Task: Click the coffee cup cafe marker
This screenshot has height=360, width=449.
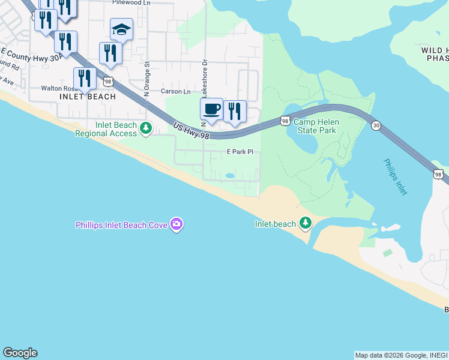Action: (x=211, y=110)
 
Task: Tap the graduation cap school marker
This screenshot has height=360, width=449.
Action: (x=121, y=30)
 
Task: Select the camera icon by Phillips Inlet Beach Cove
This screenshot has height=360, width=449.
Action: (x=176, y=224)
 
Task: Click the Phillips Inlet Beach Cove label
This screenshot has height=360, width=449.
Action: (x=122, y=225)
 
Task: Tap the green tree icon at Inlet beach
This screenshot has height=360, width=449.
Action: (x=306, y=224)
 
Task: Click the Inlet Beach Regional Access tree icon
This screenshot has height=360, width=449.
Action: (x=145, y=128)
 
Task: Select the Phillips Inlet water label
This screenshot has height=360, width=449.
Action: (x=396, y=176)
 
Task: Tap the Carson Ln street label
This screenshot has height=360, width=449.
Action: (x=175, y=92)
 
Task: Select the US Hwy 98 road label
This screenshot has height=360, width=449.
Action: (x=191, y=132)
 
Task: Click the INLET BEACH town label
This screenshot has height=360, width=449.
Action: (x=83, y=96)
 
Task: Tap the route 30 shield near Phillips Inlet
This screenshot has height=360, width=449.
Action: (x=376, y=125)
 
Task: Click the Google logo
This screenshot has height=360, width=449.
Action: (x=20, y=353)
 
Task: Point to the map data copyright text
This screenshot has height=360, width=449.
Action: (x=401, y=355)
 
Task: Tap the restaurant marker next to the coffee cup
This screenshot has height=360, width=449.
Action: (x=235, y=112)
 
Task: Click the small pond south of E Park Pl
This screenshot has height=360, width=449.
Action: (x=230, y=176)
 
